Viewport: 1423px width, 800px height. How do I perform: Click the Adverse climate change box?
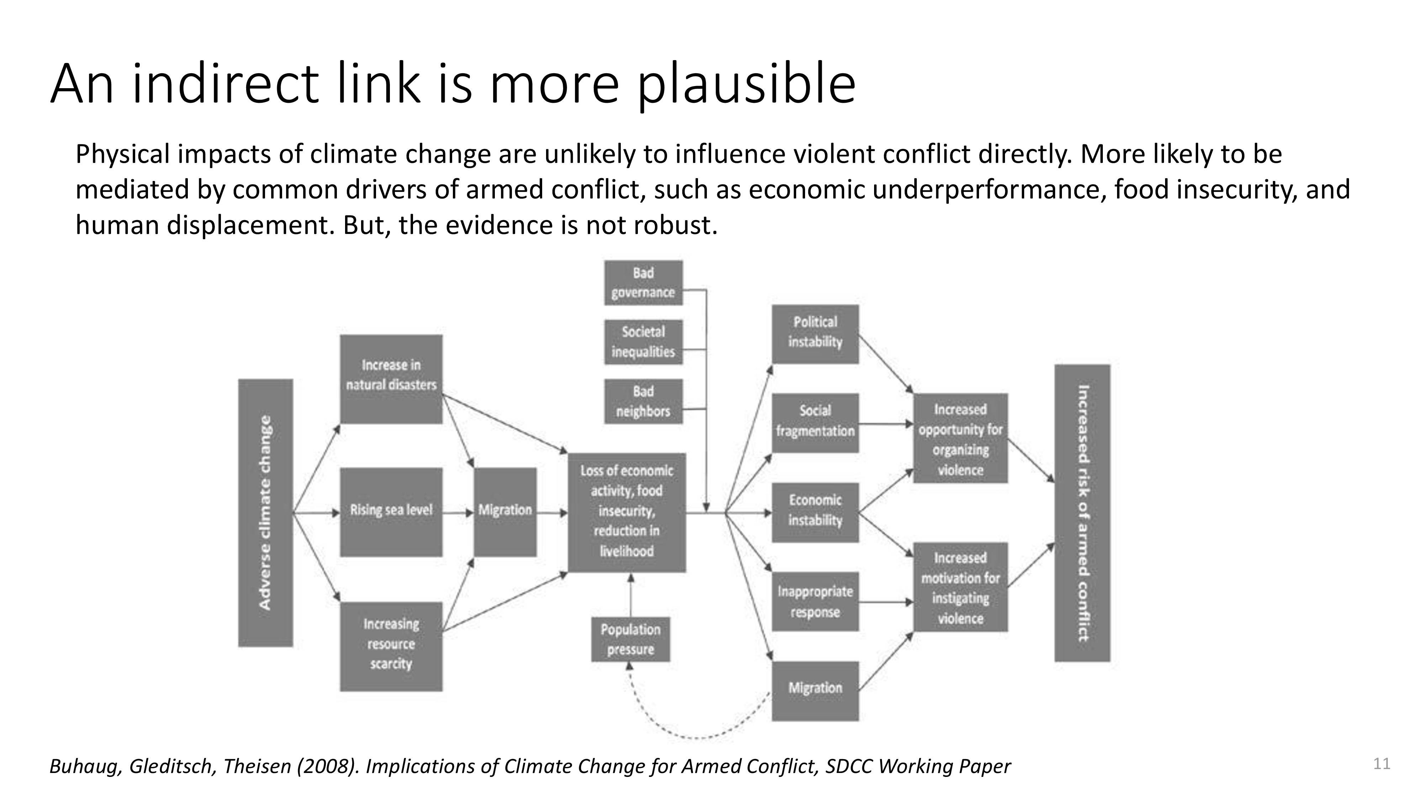click(x=265, y=512)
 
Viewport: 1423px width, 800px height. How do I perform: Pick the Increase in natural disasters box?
click(x=391, y=379)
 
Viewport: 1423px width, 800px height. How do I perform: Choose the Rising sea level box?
click(x=391, y=512)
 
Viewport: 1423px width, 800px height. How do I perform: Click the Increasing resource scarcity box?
click(x=391, y=646)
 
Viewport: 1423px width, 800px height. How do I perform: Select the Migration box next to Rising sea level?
click(x=505, y=512)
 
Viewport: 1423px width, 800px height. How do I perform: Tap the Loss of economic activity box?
click(x=627, y=512)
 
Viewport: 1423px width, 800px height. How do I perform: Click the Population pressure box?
click(x=630, y=639)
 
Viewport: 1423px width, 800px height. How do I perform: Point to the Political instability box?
click(x=815, y=334)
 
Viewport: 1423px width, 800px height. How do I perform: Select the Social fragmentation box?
click(x=815, y=423)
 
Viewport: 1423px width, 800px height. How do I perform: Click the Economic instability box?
click(x=815, y=512)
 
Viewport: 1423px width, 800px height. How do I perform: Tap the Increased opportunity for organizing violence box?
click(x=961, y=438)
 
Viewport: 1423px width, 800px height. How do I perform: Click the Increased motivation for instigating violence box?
click(x=961, y=587)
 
